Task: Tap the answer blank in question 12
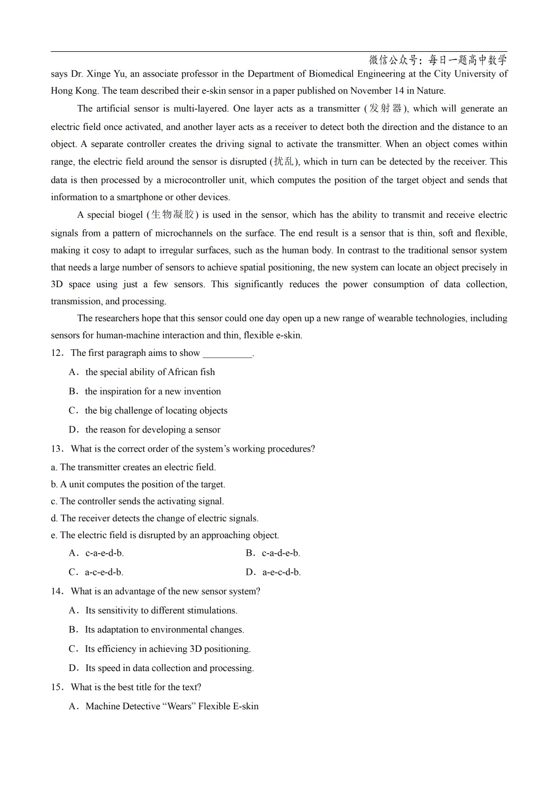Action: pos(227,354)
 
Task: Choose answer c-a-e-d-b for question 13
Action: pos(104,553)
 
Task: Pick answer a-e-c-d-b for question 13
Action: pos(281,572)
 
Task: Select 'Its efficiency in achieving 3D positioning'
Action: pos(167,649)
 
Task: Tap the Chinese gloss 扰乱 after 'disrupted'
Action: pos(284,161)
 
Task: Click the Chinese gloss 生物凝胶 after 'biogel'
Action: pos(173,215)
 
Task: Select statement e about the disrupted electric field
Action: pos(165,535)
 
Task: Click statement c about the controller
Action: pos(137,501)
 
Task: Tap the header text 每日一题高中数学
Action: pos(468,60)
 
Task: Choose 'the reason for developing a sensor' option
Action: pos(152,429)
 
